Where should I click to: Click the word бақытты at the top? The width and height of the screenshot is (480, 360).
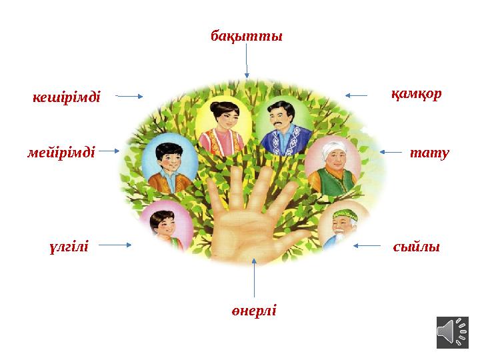[x=247, y=35]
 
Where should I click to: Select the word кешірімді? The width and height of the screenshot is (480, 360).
[x=67, y=97]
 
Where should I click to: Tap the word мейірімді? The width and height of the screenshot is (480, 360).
[x=62, y=152]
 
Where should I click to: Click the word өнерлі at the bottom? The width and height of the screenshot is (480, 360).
[x=253, y=311]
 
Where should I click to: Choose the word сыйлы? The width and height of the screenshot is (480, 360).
[x=417, y=247]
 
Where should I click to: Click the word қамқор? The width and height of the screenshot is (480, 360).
[x=416, y=94]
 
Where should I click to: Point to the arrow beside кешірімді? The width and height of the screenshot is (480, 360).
[x=129, y=96]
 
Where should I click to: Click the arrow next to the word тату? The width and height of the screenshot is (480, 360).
[x=391, y=152]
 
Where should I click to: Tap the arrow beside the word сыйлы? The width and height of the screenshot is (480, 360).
[x=367, y=245]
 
